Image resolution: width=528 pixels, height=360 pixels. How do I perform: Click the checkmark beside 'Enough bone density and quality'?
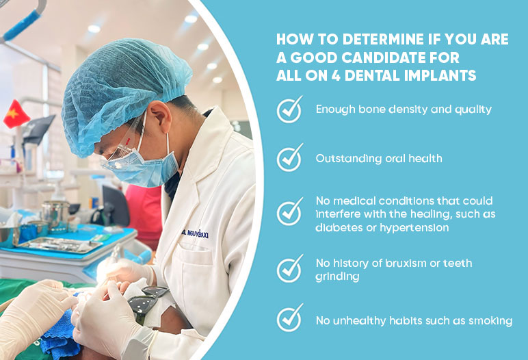289,110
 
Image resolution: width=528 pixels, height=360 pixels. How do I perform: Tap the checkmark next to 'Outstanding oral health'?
289,157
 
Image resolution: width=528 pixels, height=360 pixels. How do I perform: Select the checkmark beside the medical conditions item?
289,212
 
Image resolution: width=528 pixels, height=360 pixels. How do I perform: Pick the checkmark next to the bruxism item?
289,269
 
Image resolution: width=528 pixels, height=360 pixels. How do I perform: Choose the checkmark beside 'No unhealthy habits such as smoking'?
289,318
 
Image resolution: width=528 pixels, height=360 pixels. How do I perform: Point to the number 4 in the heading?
336,75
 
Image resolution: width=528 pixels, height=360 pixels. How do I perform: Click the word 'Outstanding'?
349,159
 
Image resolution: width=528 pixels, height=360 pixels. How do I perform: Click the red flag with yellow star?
16,114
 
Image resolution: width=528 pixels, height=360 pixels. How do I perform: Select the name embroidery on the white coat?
195,233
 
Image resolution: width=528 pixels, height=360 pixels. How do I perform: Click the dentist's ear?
159,114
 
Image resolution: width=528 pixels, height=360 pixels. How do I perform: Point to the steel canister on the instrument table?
56,216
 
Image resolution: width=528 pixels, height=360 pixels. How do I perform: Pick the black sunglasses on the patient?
148,302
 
